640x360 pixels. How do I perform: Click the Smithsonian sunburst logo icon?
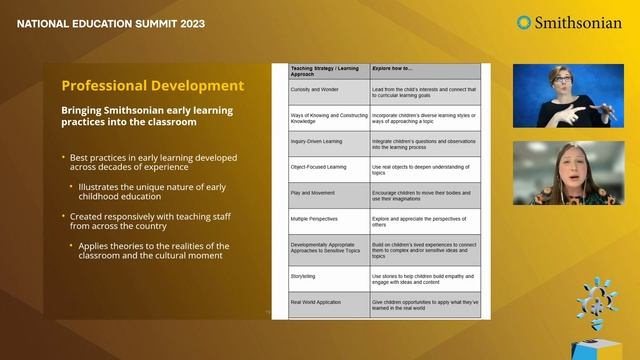tap(524, 22)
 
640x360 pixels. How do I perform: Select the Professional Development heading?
tap(152, 85)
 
